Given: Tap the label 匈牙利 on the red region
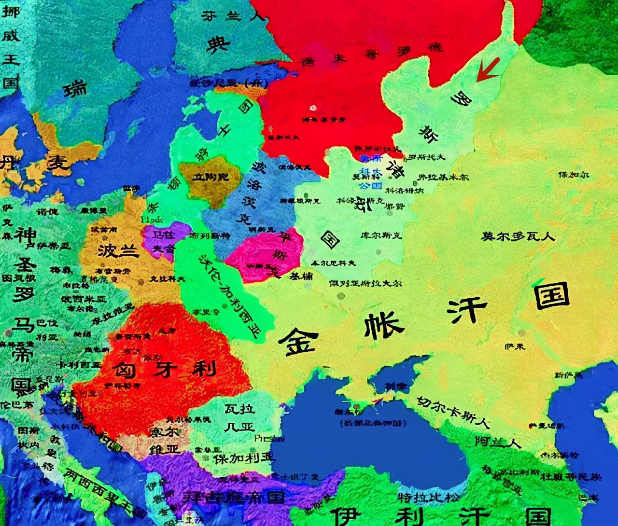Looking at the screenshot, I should coord(164,369).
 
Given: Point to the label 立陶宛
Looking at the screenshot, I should coord(211,177).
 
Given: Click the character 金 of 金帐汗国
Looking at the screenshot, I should coord(299,341).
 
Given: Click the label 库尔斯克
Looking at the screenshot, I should coord(381,235).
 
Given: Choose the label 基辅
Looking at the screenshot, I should coord(301,276).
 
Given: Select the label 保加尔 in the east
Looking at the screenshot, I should coord(574,175).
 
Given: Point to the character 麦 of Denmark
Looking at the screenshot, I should coord(57,163).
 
